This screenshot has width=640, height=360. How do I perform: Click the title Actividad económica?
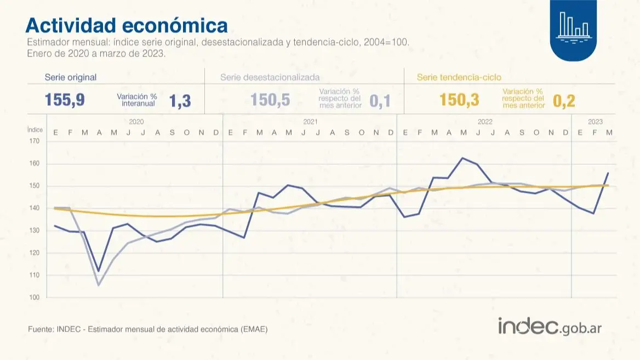(126, 25)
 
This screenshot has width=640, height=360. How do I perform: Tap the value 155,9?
(64, 100)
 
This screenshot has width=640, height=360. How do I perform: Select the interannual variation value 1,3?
(180, 101)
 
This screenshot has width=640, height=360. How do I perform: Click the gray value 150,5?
(270, 100)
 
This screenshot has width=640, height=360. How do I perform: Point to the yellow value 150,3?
(459, 100)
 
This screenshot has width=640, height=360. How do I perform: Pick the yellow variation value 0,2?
(564, 101)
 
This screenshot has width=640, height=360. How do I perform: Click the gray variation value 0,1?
(380, 101)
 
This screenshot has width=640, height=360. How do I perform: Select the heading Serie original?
(70, 77)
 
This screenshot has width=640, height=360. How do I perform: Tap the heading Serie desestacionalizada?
(270, 77)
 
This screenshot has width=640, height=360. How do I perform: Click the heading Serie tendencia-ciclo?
(459, 77)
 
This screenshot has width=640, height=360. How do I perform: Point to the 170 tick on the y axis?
(35, 141)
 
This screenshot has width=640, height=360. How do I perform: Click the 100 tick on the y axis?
(35, 298)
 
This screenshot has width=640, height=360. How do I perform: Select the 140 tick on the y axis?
(35, 208)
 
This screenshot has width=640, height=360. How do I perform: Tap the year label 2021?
(310, 122)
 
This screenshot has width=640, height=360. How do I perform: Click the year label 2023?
(595, 122)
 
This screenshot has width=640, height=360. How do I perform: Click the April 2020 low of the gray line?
(99, 285)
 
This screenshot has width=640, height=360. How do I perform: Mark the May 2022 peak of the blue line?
(462, 158)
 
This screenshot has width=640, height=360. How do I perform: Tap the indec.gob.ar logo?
(550, 327)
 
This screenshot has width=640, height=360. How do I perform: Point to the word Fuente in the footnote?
(39, 329)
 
